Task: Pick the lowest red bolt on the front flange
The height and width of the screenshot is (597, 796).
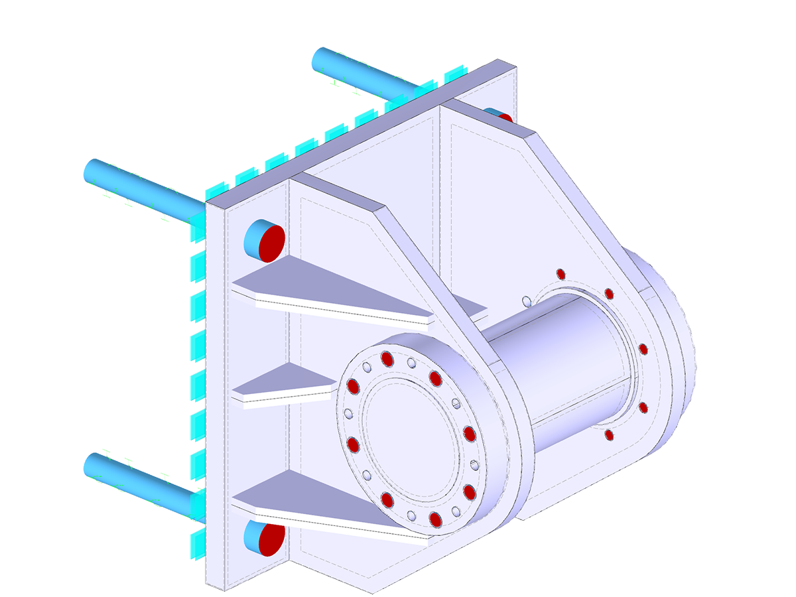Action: (x=435, y=519)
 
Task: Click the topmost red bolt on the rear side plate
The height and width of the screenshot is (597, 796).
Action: (x=561, y=273)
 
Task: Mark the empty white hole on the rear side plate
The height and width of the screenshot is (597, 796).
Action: (x=526, y=301)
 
